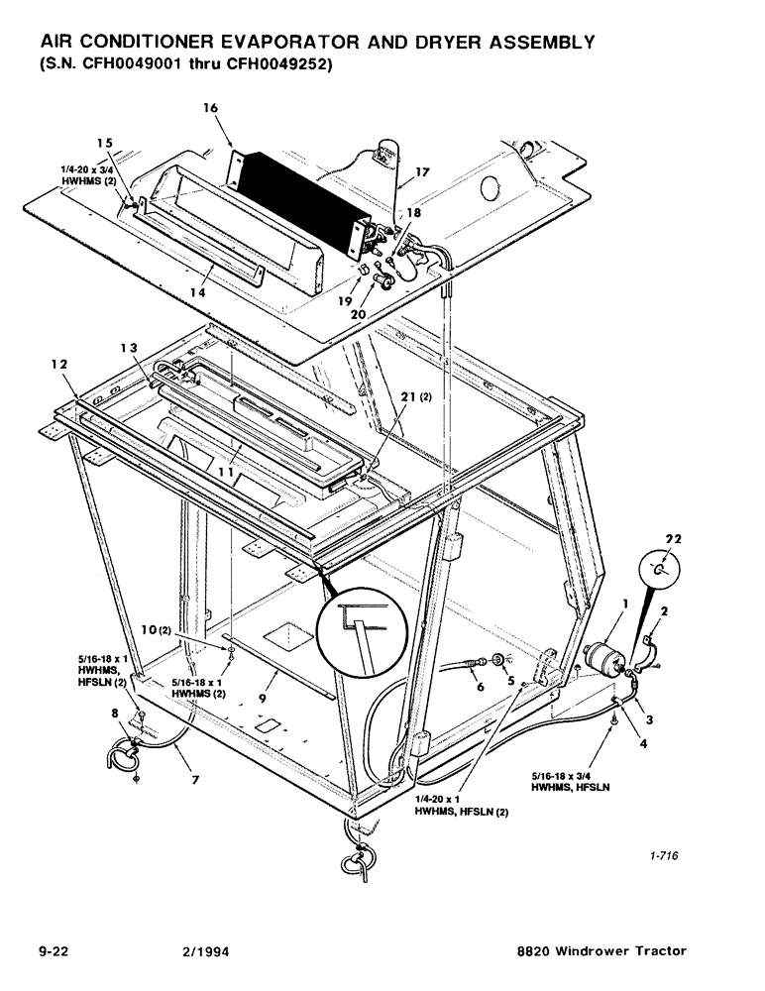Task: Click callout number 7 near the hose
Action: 195,780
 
